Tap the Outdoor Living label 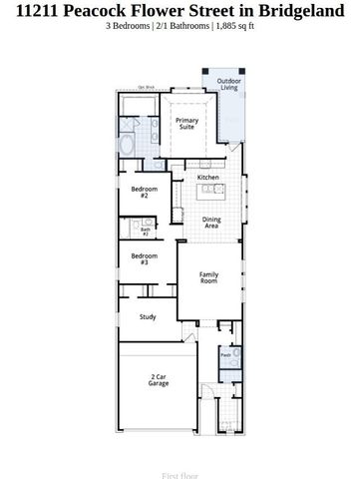click(x=229, y=85)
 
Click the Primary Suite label click(x=186, y=124)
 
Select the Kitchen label click(x=207, y=177)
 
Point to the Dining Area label click(x=211, y=223)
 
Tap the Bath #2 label click(x=145, y=231)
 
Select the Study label click(x=148, y=317)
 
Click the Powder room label click(x=225, y=353)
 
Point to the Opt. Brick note click(x=147, y=88)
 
